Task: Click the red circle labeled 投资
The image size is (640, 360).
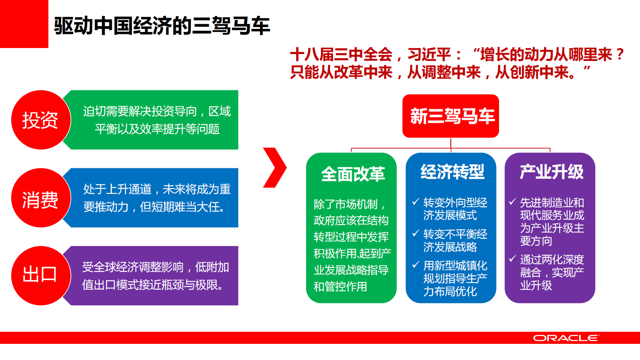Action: tap(41, 120)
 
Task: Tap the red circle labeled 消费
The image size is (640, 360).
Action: tap(41, 198)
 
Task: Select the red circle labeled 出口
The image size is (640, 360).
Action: tap(41, 276)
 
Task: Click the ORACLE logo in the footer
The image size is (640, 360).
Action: tap(566, 338)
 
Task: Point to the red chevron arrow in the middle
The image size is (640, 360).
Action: tap(275, 167)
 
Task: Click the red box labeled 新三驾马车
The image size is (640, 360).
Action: tap(451, 116)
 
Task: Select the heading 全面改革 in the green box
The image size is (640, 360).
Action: tap(352, 174)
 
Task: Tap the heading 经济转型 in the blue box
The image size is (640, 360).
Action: tap(452, 172)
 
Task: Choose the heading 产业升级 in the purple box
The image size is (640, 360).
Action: tap(551, 172)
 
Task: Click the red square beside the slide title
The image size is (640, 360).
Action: tap(24, 24)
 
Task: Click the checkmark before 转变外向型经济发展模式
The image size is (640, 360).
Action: tap(416, 201)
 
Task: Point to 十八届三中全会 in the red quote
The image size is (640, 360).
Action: tap(341, 54)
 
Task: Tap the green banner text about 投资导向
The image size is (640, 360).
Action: tap(156, 120)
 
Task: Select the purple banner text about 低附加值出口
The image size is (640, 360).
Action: tap(156, 276)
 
